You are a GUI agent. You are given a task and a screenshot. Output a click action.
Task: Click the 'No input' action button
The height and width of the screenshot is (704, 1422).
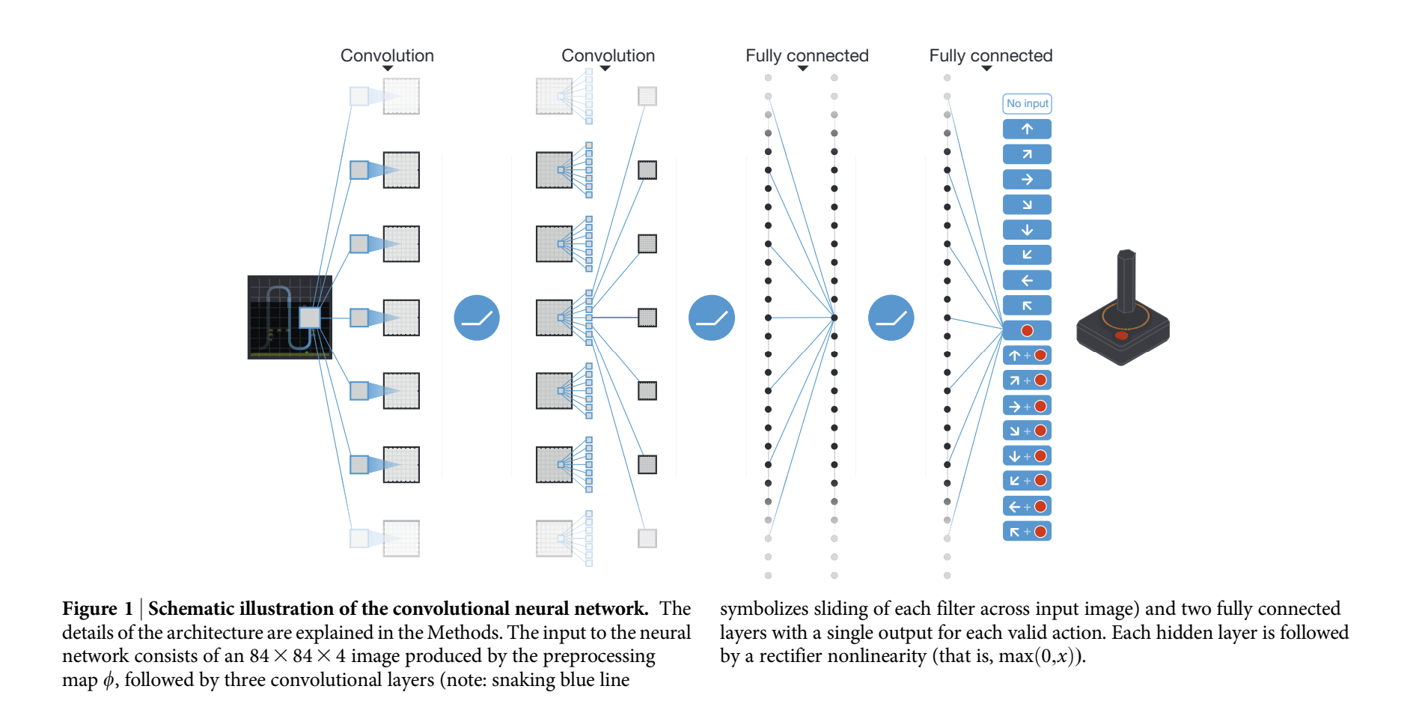point(1027,103)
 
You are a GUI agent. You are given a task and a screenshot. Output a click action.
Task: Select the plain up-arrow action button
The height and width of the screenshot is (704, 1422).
point(1027,129)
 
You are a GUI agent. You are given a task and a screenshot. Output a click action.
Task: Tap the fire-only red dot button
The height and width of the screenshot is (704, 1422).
point(1027,330)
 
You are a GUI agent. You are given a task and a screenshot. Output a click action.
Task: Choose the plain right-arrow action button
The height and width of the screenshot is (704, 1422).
point(1027,180)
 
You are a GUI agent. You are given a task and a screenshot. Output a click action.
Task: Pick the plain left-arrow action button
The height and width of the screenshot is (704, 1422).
point(1027,280)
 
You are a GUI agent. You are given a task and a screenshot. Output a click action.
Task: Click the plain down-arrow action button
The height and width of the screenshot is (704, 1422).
point(1027,230)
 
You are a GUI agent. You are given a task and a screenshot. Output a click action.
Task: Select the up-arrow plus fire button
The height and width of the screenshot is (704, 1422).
point(1027,356)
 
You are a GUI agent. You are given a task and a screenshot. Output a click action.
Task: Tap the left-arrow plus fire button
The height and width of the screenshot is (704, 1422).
point(1027,507)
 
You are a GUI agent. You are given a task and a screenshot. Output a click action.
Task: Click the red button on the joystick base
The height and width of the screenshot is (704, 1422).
point(1121,336)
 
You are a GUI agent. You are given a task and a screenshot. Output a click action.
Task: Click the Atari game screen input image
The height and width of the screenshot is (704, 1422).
point(290,318)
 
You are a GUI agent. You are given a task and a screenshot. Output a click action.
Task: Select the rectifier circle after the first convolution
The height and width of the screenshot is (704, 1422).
point(477,318)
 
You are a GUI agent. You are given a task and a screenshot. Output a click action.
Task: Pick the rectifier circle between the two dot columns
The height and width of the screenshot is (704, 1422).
point(712,318)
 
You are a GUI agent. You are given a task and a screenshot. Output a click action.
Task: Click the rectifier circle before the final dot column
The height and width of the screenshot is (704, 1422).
point(891,318)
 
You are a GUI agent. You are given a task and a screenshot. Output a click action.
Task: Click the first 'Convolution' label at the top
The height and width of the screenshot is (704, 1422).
point(387,55)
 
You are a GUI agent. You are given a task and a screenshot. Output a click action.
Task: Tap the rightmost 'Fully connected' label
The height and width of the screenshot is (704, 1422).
point(990,55)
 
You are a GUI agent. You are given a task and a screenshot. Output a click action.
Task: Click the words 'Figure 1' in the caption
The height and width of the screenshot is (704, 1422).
point(97,609)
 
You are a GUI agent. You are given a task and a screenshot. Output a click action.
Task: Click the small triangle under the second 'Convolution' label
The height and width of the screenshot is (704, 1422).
point(605,69)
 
